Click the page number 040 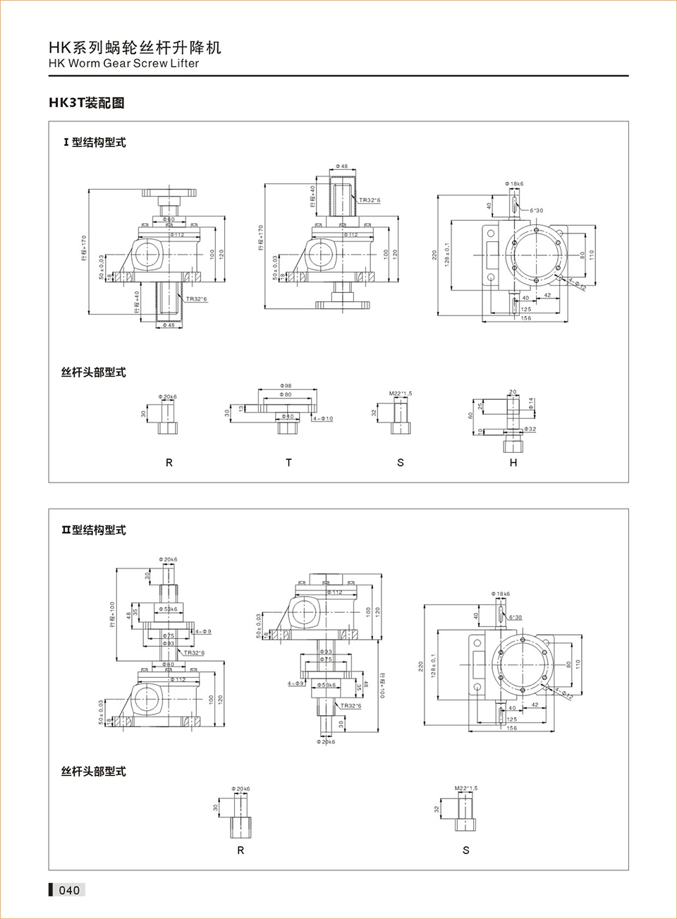(x=69, y=890)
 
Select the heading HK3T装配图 (x=86, y=103)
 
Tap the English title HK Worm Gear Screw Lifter (x=123, y=63)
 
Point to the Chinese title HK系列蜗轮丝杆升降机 (x=135, y=47)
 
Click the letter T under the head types (x=288, y=463)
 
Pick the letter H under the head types (x=513, y=463)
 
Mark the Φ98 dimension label (x=286, y=386)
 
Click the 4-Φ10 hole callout (x=323, y=419)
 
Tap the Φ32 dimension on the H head (x=530, y=429)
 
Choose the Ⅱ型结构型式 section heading (x=93, y=530)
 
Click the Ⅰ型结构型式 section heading (x=94, y=142)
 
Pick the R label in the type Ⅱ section (x=240, y=851)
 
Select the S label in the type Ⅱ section (x=465, y=851)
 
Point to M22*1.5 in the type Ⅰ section (x=401, y=394)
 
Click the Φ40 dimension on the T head (x=287, y=417)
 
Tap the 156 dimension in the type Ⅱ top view (x=511, y=728)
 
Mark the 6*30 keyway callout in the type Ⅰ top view (x=537, y=210)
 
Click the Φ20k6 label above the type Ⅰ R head (x=168, y=397)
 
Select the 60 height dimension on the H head (x=470, y=415)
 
